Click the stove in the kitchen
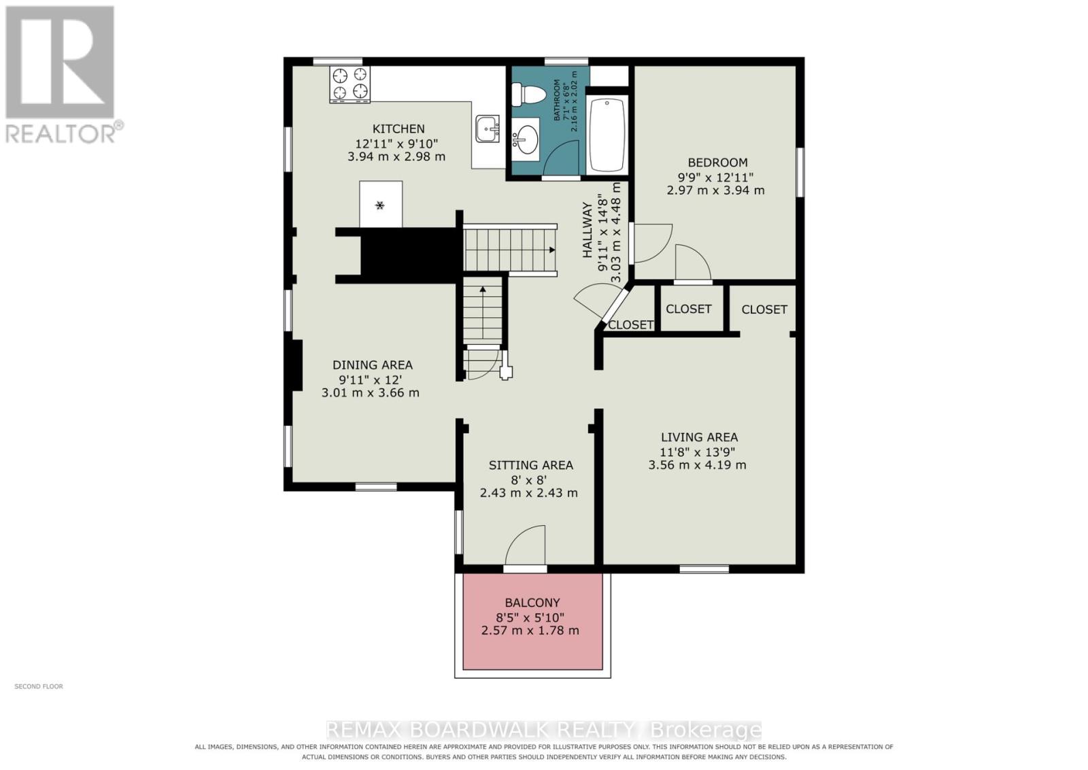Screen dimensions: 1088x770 [350, 84]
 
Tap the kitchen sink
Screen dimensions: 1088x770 [487, 129]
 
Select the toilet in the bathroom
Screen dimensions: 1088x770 [526, 95]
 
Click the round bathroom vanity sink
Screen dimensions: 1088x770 [526, 139]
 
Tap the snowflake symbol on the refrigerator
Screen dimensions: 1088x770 [380, 205]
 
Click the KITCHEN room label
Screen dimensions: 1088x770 [398, 129]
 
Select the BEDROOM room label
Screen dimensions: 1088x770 [717, 163]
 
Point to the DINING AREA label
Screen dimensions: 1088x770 [373, 365]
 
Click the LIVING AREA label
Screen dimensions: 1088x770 [699, 437]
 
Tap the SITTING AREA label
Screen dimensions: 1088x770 [531, 465]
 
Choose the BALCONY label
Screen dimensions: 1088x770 [532, 603]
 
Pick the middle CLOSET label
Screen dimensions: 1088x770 [688, 309]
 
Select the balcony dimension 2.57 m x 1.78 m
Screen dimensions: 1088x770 [530, 631]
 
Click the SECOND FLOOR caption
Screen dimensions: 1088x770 [39, 686]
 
